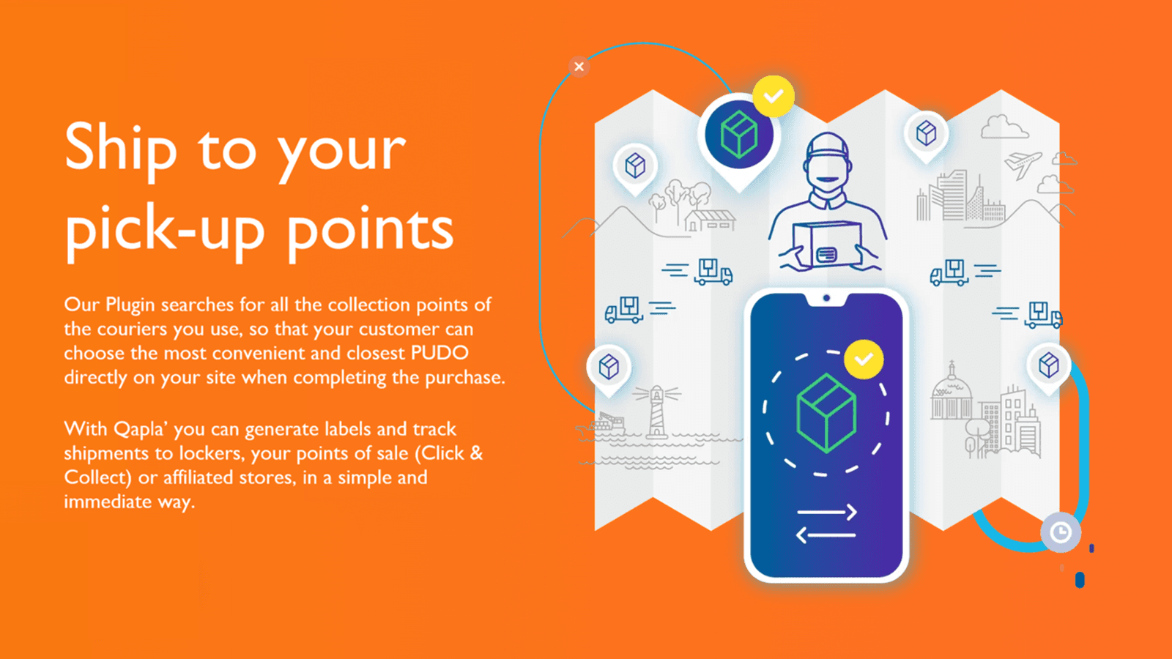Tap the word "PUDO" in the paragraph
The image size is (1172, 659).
439,353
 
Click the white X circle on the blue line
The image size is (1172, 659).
579,67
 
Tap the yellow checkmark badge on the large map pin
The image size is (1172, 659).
774,96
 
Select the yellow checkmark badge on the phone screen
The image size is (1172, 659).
864,360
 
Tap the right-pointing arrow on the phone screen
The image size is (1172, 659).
827,511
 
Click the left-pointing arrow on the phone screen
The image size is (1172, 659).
826,535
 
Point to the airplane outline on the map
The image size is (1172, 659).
1023,163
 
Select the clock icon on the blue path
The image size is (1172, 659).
1061,532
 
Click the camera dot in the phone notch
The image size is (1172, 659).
826,298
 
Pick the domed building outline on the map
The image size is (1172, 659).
951,394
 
